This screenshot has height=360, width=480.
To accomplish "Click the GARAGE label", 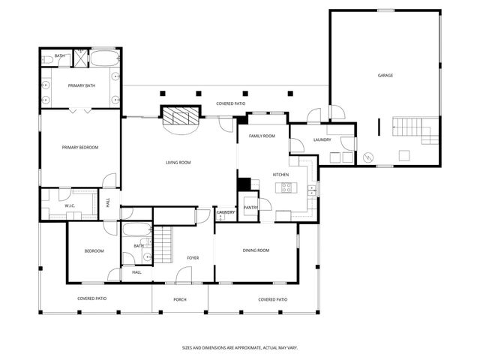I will coord(385,75).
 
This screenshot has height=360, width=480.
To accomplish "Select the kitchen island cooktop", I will coord(286,187).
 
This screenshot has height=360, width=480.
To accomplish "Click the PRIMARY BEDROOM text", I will coord(80,147).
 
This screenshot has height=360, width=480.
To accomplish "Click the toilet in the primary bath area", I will coord(46,58).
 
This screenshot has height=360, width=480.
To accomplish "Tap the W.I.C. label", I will coord(69,205).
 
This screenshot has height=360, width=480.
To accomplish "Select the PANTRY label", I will coord(250,207).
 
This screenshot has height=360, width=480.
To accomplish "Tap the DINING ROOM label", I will coord(256,250).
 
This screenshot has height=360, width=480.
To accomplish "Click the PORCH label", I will coord(179,299).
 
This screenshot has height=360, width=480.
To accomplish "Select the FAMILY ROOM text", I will coord(262,136).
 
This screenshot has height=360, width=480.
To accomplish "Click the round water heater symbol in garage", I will coord(367,157).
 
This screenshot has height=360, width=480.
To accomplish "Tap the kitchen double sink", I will coord(311,190).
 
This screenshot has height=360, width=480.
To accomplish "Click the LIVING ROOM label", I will coord(178,163).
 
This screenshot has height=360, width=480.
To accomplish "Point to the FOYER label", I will coord(193,258).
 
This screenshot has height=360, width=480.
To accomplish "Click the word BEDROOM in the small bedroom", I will coord(94,250).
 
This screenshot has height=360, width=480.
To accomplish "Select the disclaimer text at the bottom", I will coord(239,347).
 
